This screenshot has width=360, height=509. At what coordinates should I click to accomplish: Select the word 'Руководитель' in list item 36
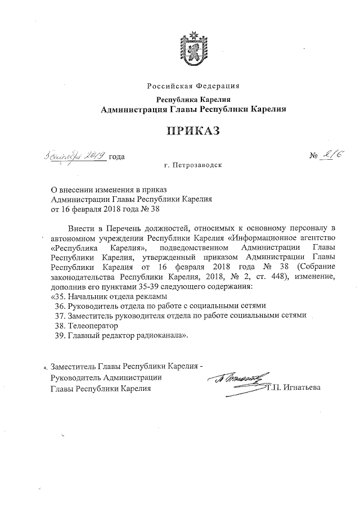93,306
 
